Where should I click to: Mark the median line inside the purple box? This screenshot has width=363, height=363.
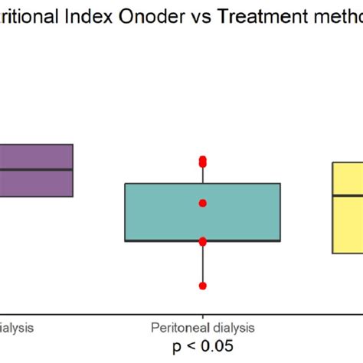[36, 169]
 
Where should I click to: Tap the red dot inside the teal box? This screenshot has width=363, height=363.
[203, 203]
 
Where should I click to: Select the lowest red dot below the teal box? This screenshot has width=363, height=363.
[203, 286]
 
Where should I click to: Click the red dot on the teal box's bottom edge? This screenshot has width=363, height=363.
[203, 241]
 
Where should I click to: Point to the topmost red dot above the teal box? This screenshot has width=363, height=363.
[203, 159]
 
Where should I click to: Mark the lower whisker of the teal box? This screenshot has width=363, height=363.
[203, 264]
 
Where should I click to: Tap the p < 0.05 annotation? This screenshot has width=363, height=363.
[202, 346]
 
